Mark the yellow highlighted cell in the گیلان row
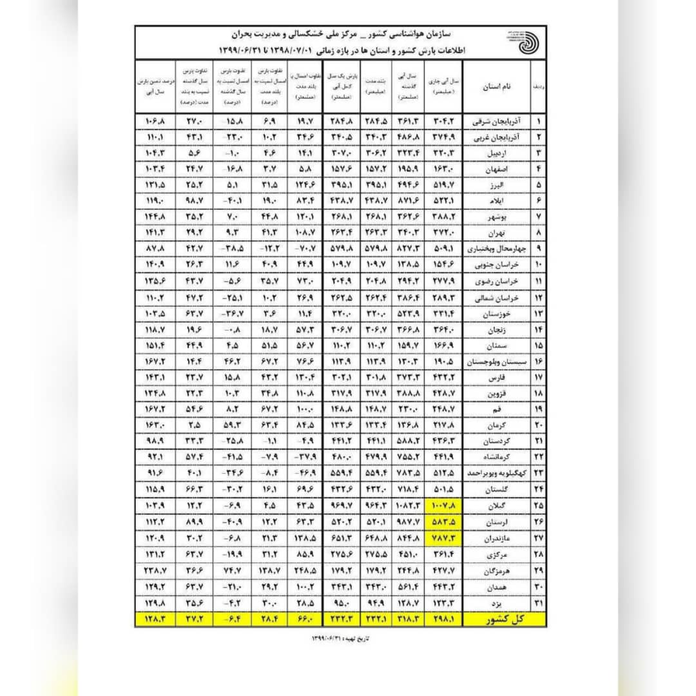pos(445,503)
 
